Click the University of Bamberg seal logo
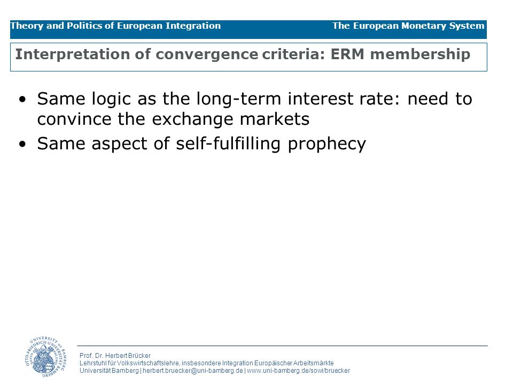click(x=45, y=357)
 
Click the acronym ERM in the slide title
click(x=347, y=54)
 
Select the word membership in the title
click(x=420, y=54)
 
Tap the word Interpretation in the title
click(x=73, y=54)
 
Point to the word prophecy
click(x=327, y=144)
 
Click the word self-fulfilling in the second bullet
click(x=228, y=144)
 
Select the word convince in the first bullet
click(x=74, y=119)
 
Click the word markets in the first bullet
click(x=275, y=119)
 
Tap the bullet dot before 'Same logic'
click(x=22, y=99)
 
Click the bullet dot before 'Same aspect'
click(x=22, y=144)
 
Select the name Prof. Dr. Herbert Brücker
click(x=115, y=356)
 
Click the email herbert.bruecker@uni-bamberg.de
click(x=193, y=371)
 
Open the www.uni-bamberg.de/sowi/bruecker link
click(x=298, y=371)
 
